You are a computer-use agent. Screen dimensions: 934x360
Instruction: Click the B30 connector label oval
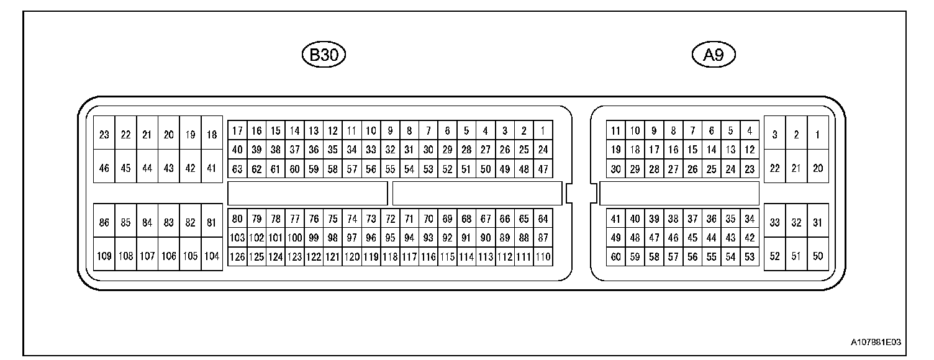(323, 55)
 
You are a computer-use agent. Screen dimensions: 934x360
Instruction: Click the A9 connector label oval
(714, 55)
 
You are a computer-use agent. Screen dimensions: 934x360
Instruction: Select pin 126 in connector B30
(237, 256)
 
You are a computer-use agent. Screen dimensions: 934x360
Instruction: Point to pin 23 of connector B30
(104, 134)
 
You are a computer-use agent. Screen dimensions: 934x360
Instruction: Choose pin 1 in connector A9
(817, 134)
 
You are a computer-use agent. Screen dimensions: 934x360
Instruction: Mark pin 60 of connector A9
(615, 256)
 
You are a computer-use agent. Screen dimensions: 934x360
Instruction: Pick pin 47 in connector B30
(542, 168)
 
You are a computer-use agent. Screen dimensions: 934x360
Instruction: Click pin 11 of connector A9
(615, 131)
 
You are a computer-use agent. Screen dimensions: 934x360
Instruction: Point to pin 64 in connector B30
(542, 218)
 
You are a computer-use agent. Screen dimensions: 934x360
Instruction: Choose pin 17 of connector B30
(237, 131)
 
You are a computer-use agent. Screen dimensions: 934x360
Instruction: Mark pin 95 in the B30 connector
(390, 237)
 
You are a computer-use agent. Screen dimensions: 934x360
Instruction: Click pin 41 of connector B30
(212, 168)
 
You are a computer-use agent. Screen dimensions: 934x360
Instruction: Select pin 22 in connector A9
(774, 168)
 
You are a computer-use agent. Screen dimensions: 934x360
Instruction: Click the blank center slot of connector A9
(679, 193)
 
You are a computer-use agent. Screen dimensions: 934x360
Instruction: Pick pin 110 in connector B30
(542, 256)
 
